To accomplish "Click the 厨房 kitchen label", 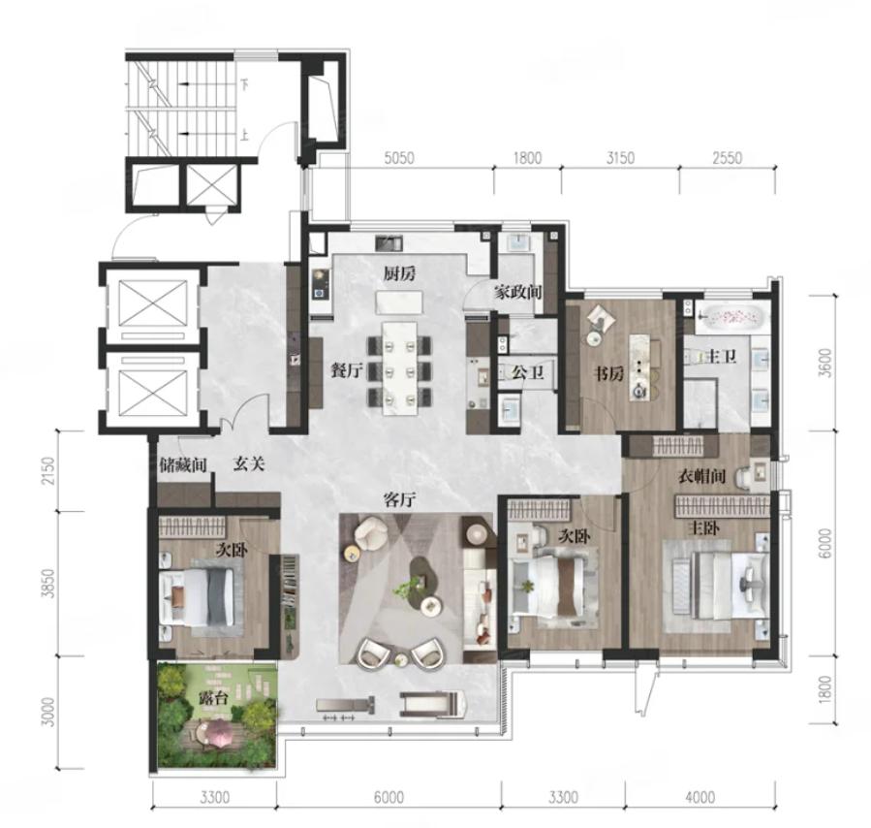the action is (399, 274).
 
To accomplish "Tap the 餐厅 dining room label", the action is (347, 370).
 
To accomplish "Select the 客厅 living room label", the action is (400, 500).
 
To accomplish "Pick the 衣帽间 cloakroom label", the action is (701, 476).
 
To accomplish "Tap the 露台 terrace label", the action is (214, 698).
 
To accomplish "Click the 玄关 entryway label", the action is (248, 464).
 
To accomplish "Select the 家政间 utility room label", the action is (517, 292).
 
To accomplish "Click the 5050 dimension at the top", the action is (399, 158).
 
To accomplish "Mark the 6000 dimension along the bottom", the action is (389, 798).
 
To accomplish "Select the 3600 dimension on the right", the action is (825, 363).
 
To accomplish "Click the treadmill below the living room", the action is (432, 704).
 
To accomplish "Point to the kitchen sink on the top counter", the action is (389, 242).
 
